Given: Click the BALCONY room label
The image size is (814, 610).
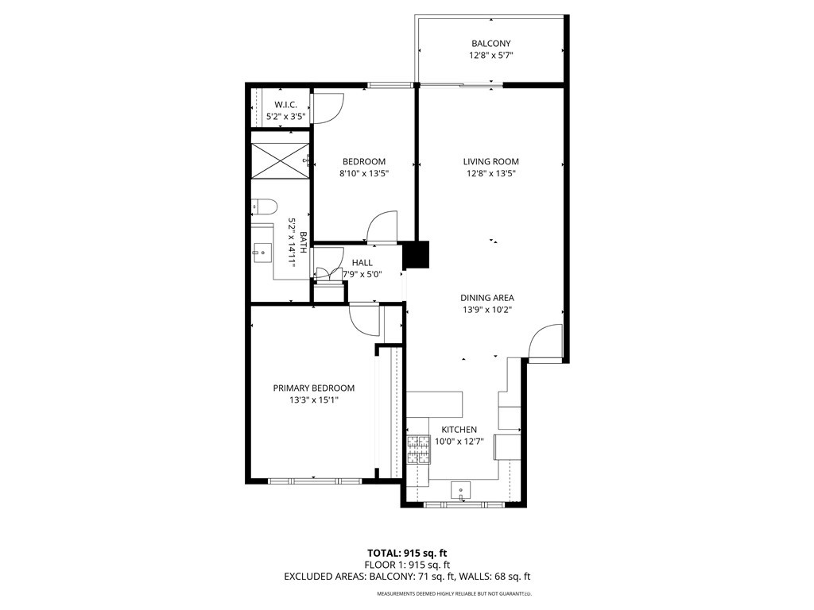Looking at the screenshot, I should click(x=490, y=44).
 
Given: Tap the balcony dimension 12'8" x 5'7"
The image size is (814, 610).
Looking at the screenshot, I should click(x=490, y=56).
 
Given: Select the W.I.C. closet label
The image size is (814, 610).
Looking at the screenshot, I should click(x=285, y=105).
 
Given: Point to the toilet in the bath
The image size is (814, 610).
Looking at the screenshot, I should click(x=264, y=207).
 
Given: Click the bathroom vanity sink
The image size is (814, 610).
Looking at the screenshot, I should click(x=261, y=254).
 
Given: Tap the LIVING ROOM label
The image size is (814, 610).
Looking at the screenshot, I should click(x=490, y=161).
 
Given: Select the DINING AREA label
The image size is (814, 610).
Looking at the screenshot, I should click(x=486, y=298).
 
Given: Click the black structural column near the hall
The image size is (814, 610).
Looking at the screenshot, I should click(x=416, y=255).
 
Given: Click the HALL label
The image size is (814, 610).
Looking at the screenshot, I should click(x=362, y=263).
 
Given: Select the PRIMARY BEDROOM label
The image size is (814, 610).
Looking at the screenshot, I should click(x=313, y=388).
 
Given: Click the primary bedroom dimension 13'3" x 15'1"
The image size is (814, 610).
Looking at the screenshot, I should click(x=313, y=400).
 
